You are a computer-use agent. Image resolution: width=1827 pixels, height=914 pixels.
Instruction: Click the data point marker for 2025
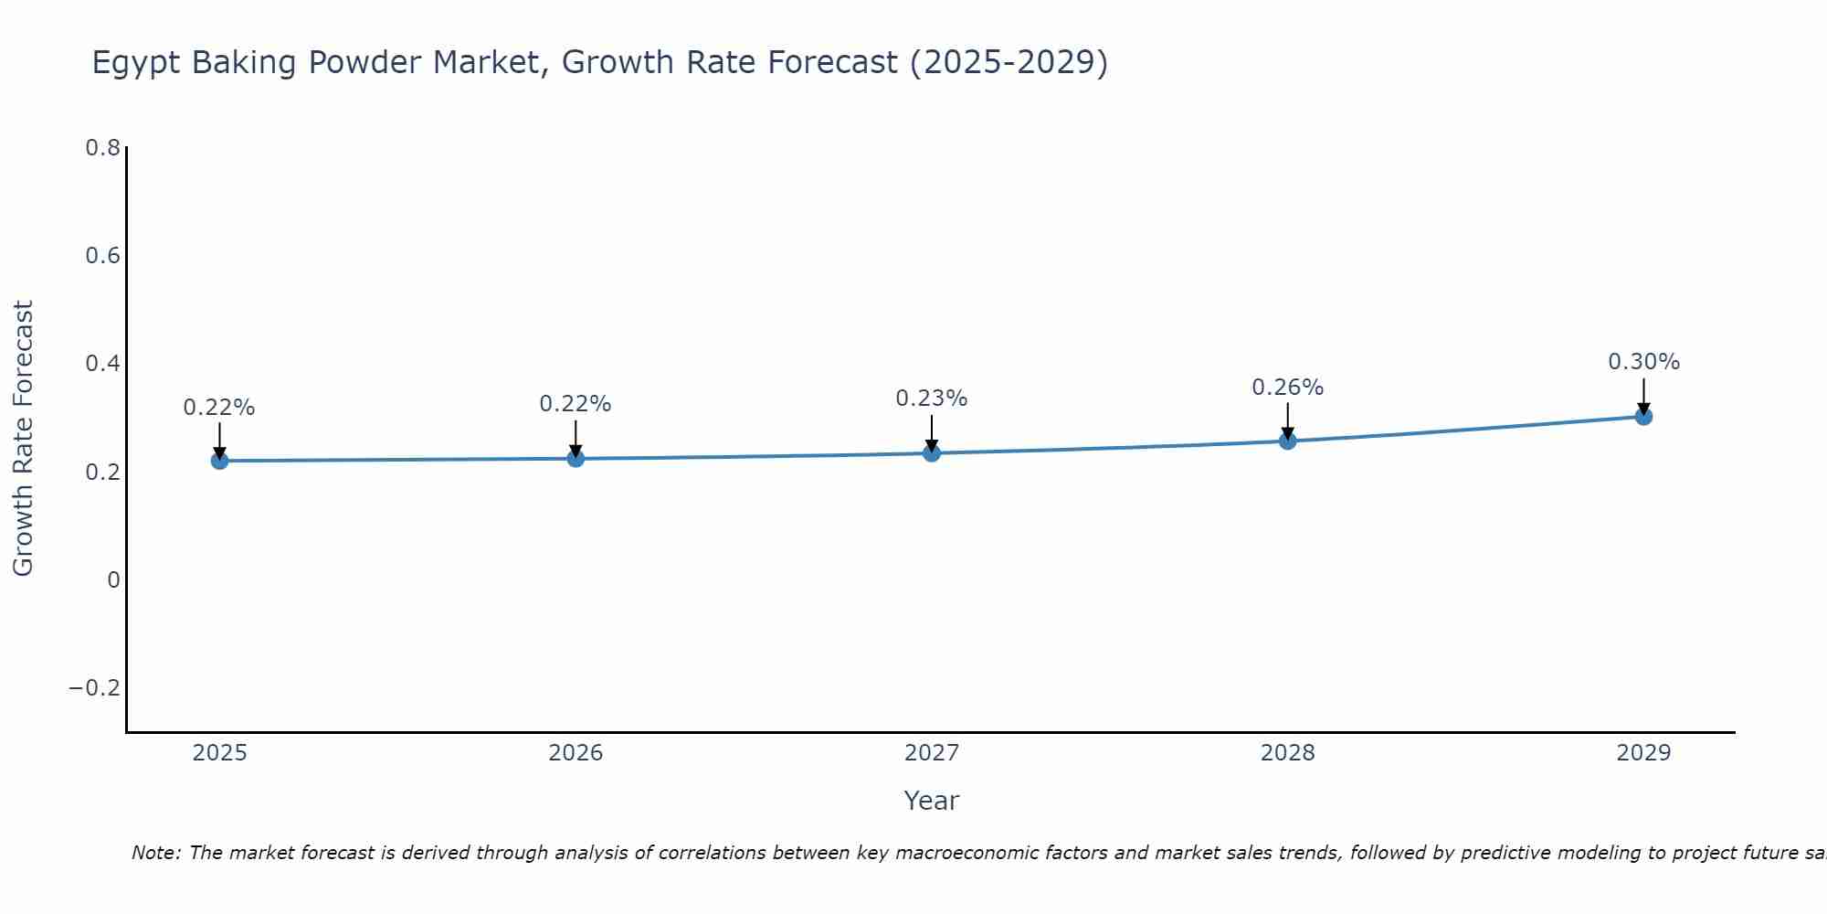tap(219, 461)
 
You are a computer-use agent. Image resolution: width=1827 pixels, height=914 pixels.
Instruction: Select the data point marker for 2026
tap(576, 458)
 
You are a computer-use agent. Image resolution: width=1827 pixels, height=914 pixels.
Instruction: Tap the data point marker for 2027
tap(932, 452)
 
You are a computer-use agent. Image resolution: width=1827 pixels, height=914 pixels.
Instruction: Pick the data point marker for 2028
tap(1288, 441)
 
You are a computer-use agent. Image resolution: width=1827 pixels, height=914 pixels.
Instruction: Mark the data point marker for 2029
tap(1643, 417)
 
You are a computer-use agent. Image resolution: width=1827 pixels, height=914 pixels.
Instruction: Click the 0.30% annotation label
tap(1643, 362)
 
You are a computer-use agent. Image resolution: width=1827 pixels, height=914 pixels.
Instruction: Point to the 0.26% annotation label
tap(1287, 388)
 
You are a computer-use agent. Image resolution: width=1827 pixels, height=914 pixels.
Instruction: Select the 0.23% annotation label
tap(931, 399)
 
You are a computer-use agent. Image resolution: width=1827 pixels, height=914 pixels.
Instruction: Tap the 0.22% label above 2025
tap(219, 408)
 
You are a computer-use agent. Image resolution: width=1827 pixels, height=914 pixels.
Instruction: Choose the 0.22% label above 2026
tap(575, 404)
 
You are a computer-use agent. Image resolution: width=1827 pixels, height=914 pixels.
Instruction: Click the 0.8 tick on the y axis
tap(103, 148)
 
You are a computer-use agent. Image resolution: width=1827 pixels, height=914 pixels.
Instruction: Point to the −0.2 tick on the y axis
tap(95, 688)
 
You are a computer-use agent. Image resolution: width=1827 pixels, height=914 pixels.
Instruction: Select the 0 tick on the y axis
tap(113, 580)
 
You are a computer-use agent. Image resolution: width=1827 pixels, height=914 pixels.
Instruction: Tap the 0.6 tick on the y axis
tap(103, 256)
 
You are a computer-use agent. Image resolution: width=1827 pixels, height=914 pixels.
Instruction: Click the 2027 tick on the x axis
tap(932, 753)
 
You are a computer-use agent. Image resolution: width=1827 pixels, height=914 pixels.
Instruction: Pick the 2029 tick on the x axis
tap(1643, 753)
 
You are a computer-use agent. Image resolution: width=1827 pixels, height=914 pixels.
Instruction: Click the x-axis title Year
tap(931, 801)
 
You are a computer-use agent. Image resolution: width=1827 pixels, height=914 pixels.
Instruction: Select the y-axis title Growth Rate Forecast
tap(24, 439)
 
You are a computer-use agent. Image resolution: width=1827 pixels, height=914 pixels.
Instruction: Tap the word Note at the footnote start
tap(156, 853)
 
